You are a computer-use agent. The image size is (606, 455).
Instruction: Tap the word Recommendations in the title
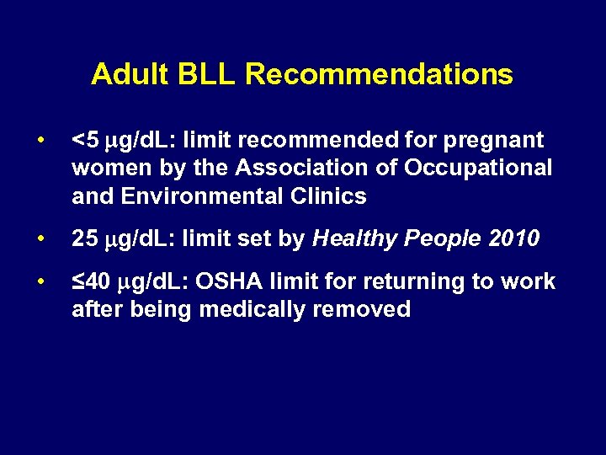pos(379,75)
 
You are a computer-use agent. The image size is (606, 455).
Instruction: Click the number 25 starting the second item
pos(85,239)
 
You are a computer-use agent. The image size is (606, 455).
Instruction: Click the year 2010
pos(514,239)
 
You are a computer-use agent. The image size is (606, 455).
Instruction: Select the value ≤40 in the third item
pos(90,281)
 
